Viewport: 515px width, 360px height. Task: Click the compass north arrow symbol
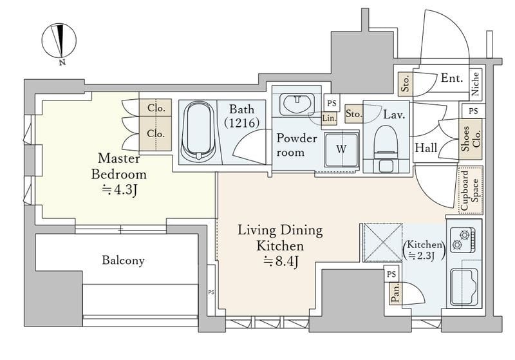tap(59, 42)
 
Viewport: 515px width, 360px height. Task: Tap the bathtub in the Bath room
tap(198, 131)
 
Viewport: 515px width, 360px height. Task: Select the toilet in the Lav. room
tap(386, 148)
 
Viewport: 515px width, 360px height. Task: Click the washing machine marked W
tap(341, 149)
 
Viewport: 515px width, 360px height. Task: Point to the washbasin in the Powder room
tap(297, 104)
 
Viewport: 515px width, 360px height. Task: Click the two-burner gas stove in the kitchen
tap(462, 240)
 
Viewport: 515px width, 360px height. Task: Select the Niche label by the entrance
tap(475, 84)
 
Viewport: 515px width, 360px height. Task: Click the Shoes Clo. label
tap(471, 138)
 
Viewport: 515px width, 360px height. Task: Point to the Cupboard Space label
tap(471, 190)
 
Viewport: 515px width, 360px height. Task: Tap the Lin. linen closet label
tap(329, 118)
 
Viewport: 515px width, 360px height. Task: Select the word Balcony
tap(123, 260)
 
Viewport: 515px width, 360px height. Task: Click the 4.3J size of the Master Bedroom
tap(119, 190)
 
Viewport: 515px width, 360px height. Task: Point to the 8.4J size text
tap(281, 261)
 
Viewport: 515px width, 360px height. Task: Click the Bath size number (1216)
tap(242, 123)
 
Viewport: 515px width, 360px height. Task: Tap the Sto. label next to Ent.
tap(406, 84)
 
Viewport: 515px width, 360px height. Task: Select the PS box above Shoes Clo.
tap(473, 111)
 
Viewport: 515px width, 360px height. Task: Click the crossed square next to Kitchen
tap(382, 243)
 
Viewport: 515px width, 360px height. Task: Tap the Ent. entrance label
tap(452, 78)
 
